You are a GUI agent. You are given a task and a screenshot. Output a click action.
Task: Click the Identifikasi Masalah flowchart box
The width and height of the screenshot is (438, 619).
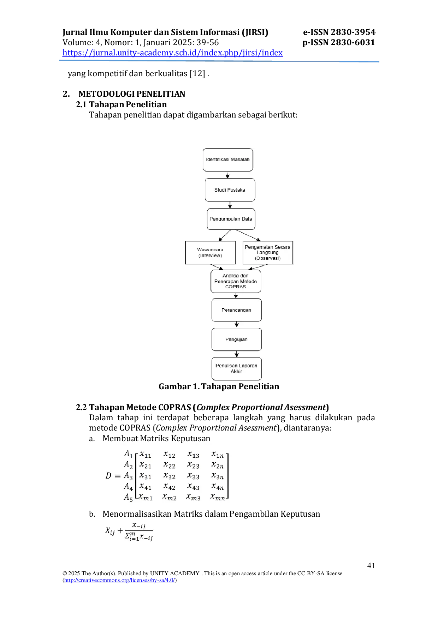(228, 160)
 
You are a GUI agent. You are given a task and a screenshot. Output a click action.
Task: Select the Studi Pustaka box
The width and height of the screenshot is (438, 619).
(230, 190)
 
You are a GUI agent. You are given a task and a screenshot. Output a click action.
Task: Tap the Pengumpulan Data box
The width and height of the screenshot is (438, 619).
(231, 219)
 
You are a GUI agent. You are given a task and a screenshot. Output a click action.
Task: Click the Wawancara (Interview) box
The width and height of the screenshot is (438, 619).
(211, 253)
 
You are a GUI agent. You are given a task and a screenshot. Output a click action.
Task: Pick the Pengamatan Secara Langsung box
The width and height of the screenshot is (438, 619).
(268, 253)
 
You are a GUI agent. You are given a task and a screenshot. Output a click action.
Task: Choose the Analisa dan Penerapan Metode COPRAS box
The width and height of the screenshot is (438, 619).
(236, 281)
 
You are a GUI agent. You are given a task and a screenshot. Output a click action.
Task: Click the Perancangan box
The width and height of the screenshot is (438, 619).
(237, 310)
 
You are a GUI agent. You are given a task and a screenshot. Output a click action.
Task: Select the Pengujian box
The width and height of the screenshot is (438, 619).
(237, 339)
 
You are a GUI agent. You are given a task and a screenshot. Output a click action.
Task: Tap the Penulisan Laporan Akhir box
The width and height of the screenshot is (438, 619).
(237, 369)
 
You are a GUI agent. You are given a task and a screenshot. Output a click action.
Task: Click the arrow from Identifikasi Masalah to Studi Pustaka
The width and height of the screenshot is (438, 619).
(228, 175)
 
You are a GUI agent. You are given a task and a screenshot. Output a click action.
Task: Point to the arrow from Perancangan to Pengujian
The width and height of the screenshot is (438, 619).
(237, 325)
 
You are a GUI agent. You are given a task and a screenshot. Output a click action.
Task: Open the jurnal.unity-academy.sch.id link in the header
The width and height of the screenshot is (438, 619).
(172, 53)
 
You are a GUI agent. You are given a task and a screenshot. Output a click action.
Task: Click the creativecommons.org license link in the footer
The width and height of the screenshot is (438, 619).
(119, 580)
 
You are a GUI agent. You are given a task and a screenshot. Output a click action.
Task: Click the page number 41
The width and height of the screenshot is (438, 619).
(371, 565)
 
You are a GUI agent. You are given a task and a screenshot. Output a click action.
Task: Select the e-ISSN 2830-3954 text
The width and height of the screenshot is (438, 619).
(339, 32)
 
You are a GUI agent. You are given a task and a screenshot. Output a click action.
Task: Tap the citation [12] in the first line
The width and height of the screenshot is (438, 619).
(197, 73)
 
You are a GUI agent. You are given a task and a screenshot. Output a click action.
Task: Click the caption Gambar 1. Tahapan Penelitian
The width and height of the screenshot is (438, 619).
(219, 386)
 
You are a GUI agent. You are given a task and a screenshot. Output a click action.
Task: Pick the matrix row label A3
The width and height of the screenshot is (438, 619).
(128, 476)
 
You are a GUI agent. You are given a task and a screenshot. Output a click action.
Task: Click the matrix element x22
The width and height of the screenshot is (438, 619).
(170, 465)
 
